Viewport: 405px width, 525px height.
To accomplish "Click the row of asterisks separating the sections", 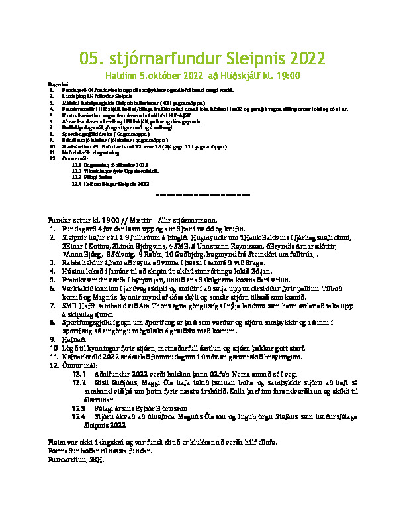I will (202, 196).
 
